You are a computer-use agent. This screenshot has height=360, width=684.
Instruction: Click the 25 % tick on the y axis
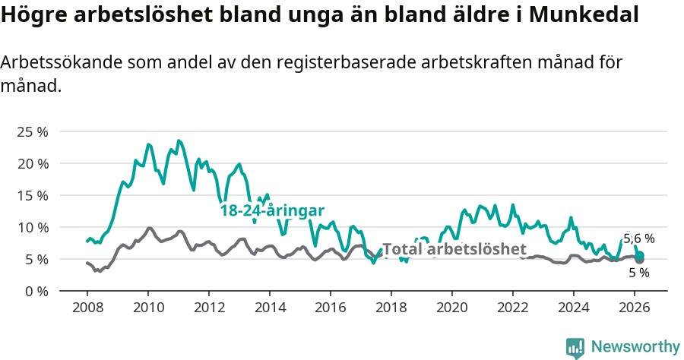32,131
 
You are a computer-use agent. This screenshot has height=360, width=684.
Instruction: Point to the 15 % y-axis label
32,195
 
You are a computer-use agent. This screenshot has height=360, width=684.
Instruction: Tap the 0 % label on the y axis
36,291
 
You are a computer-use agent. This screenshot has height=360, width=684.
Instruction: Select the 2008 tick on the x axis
87,308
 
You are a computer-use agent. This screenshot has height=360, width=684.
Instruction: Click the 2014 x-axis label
269,308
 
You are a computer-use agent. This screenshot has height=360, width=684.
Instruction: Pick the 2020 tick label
452,308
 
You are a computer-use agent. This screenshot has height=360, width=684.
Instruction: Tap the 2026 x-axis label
635,308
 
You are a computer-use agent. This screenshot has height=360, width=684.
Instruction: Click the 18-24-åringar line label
272,210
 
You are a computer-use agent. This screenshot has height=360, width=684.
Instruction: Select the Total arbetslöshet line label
454,249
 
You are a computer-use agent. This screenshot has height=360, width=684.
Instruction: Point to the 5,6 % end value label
638,238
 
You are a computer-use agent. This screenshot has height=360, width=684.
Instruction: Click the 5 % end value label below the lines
638,273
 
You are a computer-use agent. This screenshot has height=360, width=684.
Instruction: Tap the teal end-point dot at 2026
640,255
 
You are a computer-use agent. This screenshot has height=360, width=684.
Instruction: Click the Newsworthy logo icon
575,348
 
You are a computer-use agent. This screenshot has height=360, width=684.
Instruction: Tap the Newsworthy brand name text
635,347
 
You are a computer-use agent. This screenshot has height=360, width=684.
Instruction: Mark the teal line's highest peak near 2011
179,141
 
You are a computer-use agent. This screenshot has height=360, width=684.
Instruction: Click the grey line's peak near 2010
149,228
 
